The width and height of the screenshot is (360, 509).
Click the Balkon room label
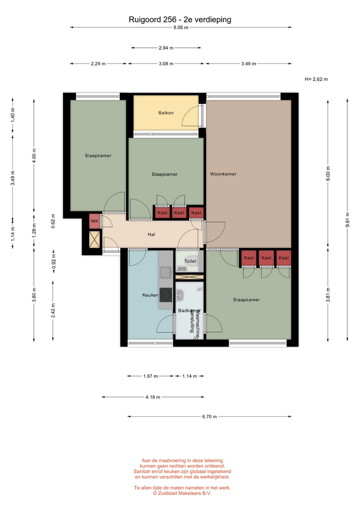[166, 113]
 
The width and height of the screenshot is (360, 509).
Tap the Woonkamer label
[223, 174]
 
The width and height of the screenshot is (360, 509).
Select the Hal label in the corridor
[151, 234]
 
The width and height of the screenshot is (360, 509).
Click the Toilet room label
[190, 261]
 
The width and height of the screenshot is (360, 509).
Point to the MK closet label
[94, 221]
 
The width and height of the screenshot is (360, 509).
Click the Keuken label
[150, 295]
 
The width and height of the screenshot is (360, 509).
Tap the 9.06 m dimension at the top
[181, 28]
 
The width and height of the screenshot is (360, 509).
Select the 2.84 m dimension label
[166, 48]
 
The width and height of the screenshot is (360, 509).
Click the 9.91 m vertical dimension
[347, 220]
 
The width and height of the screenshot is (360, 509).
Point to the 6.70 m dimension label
[209, 417]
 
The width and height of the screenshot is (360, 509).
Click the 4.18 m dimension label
[153, 397]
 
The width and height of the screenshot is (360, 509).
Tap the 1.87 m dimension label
[150, 376]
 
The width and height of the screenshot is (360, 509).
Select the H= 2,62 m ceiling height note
[316, 79]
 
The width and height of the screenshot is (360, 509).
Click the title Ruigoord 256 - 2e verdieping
[180, 20]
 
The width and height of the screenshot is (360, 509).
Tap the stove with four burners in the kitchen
[165, 295]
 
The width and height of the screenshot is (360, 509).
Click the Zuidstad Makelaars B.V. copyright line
[182, 493]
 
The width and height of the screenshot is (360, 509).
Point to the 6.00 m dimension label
[328, 174]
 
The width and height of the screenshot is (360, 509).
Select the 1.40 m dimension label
[13, 115]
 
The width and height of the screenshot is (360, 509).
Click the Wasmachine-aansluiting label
[194, 320]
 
